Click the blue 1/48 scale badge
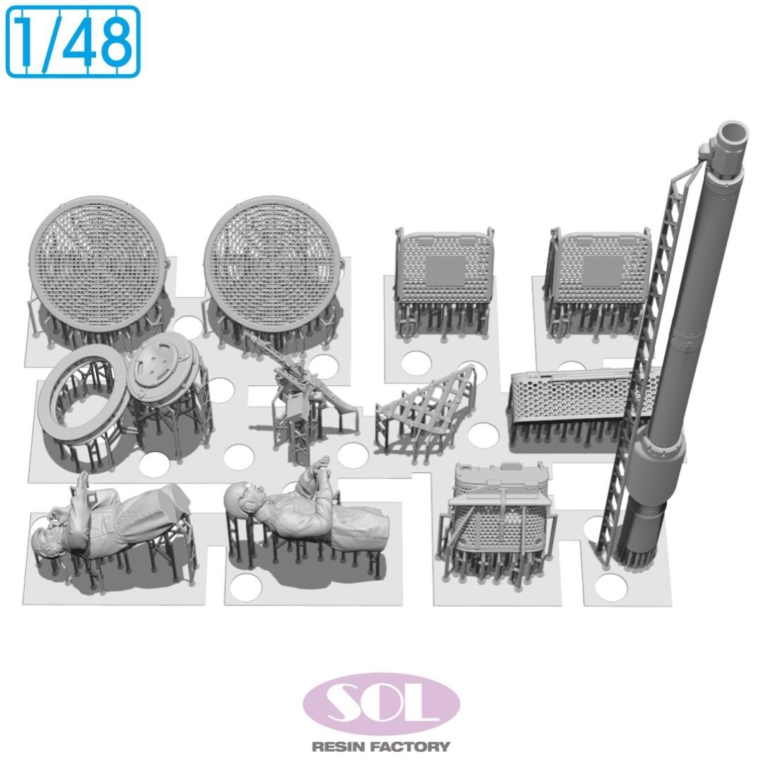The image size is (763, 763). coord(73,42)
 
